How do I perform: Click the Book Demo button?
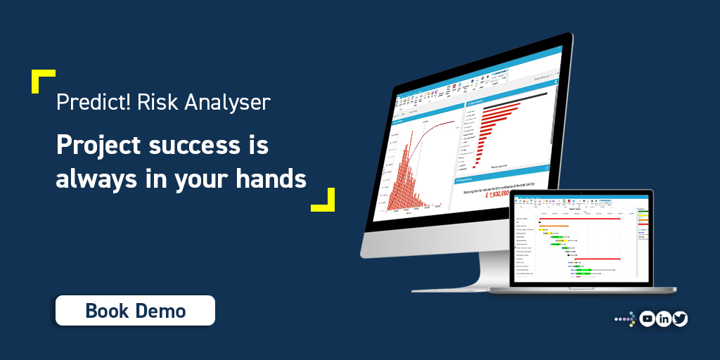(x=135, y=310)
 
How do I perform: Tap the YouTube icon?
(x=647, y=319)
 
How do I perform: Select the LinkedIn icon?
(x=663, y=319)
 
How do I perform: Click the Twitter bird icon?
(x=679, y=319)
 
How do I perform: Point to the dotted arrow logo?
(x=625, y=319)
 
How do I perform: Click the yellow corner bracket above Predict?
(x=41, y=79)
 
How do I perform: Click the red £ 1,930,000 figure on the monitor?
(x=502, y=193)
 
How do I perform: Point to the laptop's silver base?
(x=591, y=289)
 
